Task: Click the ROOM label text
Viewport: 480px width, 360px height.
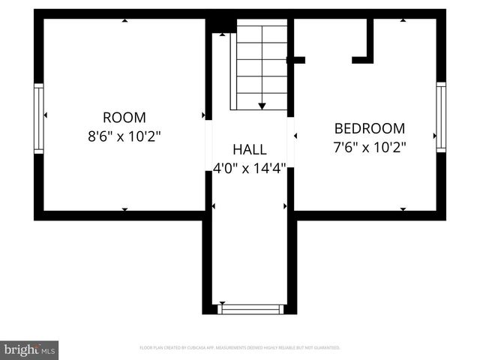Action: click(x=124, y=117)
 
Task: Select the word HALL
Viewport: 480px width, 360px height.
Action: click(x=249, y=149)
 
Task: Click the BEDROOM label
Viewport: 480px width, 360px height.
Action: click(x=370, y=128)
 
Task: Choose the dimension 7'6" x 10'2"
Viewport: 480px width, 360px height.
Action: click(x=370, y=147)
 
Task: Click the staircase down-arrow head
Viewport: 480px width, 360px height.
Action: click(x=262, y=106)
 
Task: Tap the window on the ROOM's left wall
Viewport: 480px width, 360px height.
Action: click(x=39, y=118)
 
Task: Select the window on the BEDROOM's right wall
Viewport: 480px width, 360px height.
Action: click(x=441, y=116)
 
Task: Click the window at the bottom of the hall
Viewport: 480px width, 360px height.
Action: click(x=250, y=308)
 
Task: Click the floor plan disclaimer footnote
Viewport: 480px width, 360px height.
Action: click(x=240, y=348)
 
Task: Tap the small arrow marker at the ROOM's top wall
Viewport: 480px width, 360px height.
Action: click(x=124, y=21)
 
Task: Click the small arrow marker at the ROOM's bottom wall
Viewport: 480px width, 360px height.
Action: click(x=124, y=209)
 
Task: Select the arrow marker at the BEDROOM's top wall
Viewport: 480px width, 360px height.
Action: click(x=403, y=21)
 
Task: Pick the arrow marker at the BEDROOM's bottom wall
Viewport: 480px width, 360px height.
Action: click(x=403, y=209)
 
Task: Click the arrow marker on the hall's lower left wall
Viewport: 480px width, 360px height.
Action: click(x=214, y=205)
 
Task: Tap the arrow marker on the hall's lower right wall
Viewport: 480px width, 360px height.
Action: click(x=284, y=205)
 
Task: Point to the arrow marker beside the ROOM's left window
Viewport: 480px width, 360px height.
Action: click(x=46, y=115)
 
